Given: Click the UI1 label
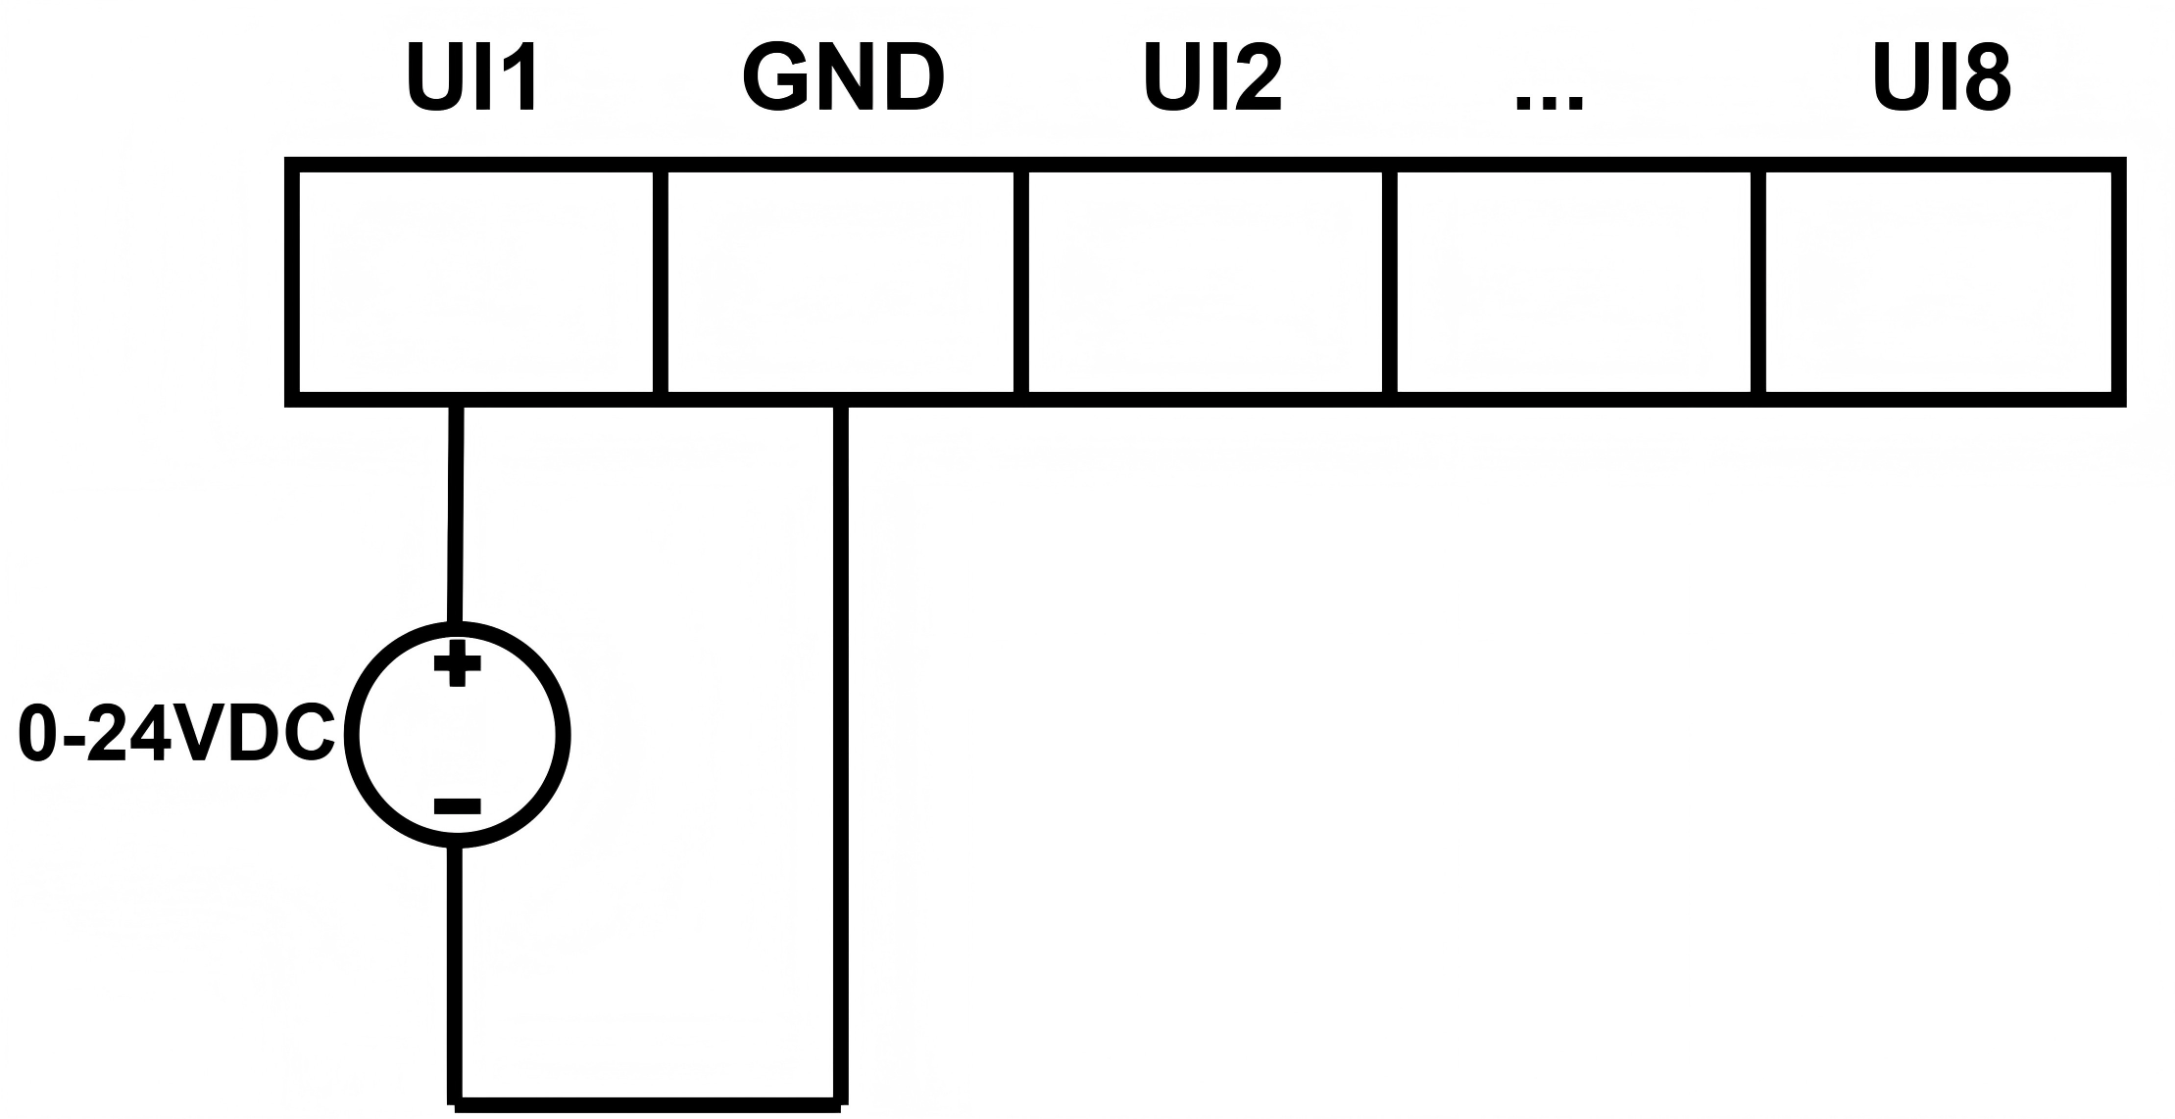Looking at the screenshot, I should (x=472, y=78).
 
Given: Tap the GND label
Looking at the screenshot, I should (x=843, y=78).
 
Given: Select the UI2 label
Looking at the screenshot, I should (x=1212, y=78).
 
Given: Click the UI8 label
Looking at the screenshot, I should (x=1942, y=78).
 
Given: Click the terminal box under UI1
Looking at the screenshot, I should (x=475, y=282).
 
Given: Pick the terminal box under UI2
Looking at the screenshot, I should (x=1206, y=282).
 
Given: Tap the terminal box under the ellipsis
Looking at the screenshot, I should (x=1573, y=282).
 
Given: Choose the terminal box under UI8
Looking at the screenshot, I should (x=1939, y=282).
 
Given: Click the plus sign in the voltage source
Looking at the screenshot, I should (x=457, y=664).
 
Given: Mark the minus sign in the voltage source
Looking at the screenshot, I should (x=457, y=806).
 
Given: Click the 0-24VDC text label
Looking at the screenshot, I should (x=176, y=735).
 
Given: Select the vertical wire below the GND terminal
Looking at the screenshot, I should (x=841, y=745).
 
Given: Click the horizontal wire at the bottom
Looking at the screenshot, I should (x=647, y=1103).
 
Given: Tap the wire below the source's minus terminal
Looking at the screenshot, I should (x=456, y=970).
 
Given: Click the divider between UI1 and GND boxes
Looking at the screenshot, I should (x=661, y=282).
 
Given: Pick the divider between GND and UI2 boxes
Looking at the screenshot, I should (x=1021, y=282).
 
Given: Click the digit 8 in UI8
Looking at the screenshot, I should (x=1988, y=78).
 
